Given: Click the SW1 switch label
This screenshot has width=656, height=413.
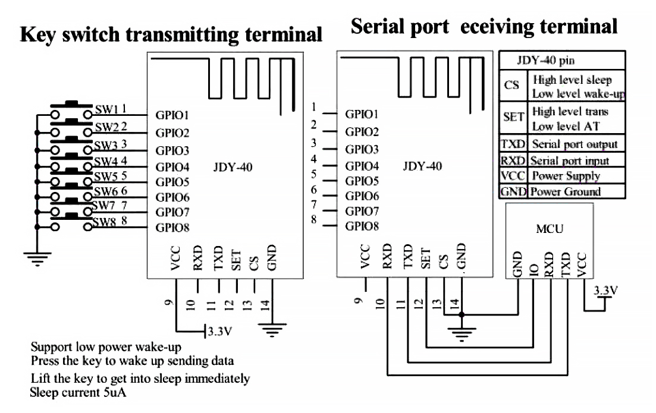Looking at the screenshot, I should click(x=106, y=110).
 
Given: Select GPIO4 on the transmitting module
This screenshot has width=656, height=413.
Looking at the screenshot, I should click(x=172, y=166).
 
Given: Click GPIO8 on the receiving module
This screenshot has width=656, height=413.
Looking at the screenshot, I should click(x=362, y=226).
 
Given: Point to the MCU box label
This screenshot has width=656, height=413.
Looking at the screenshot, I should click(x=550, y=229).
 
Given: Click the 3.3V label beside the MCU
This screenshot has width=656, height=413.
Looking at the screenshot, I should click(x=605, y=291).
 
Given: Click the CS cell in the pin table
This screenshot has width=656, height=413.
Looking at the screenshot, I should click(x=511, y=86).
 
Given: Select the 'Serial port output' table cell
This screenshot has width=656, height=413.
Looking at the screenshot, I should click(x=574, y=144).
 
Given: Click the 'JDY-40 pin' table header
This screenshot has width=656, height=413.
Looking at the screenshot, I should click(x=546, y=60).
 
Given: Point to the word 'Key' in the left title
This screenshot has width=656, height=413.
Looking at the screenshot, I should click(x=39, y=34).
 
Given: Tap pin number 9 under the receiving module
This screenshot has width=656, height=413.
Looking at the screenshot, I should click(x=358, y=301).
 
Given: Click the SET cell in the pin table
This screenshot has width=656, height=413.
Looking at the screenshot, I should click(x=513, y=117).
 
